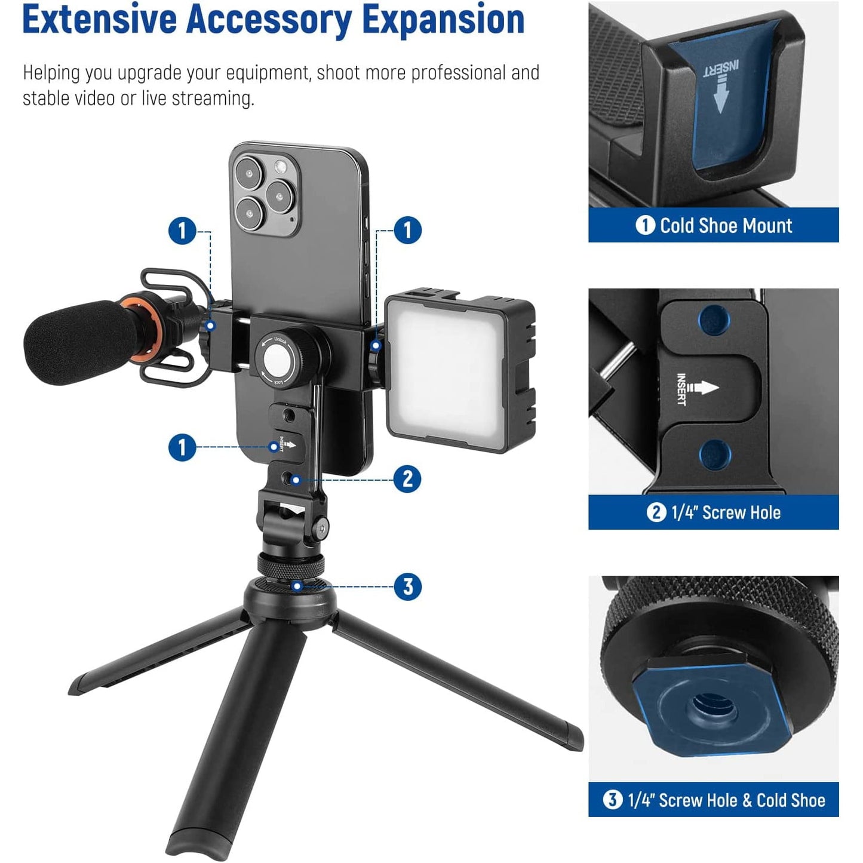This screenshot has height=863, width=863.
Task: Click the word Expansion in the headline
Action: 443,20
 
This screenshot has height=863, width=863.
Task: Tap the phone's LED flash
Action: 281,167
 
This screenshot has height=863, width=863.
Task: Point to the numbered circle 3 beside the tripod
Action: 407,586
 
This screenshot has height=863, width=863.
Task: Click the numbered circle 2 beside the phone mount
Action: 407,479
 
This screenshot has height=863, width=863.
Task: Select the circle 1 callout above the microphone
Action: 182,231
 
